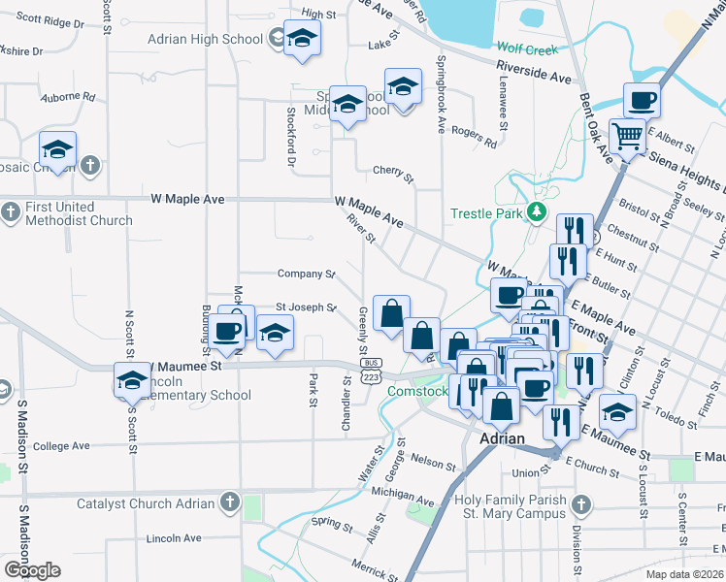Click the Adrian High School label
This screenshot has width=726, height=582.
pos(205,39)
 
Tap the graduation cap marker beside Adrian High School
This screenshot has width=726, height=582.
pos(303,40)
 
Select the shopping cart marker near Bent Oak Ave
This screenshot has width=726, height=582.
pos(627,137)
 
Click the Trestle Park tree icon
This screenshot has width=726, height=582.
pos(534,213)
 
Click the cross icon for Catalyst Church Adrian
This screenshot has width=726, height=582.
pos(228,502)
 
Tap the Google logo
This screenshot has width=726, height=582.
pos(32,570)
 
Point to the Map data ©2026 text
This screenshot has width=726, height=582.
pos(685,574)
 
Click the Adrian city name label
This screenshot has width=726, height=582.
pos(504,438)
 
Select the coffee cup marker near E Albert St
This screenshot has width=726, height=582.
pos(641,101)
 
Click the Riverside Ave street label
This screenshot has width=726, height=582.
pos(534,72)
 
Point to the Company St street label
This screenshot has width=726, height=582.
pos(306,275)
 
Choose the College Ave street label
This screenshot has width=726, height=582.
pos(61,446)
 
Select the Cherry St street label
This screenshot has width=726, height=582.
pos(393,172)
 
